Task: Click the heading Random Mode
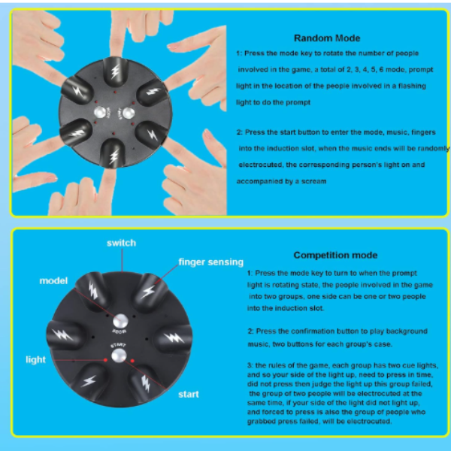point(327,38)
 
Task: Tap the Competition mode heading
point(335,255)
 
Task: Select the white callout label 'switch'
point(121,243)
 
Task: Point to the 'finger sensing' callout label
point(210,262)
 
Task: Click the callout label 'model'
point(53,280)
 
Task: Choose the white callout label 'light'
point(35,359)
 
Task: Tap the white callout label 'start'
point(189,394)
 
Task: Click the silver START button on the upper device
point(129,113)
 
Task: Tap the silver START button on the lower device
point(119,356)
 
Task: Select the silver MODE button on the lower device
point(120,321)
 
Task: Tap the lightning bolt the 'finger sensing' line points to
point(149,292)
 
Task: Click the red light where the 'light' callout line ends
point(105,360)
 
